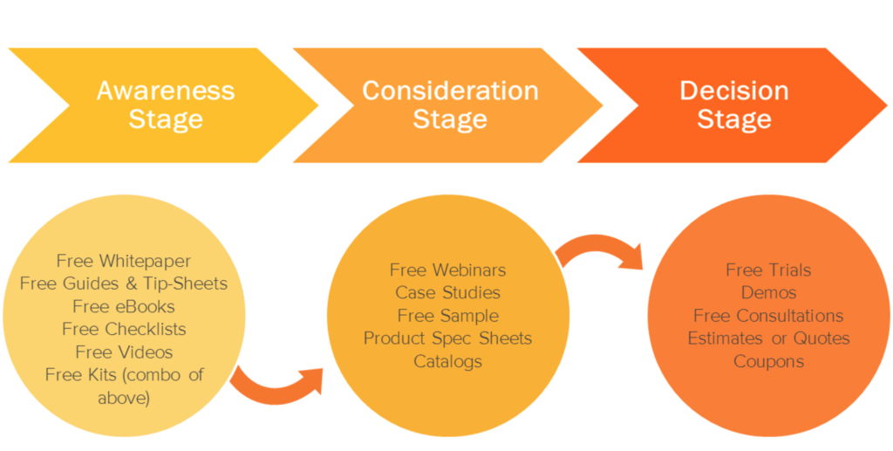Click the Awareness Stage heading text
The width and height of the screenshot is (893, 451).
tap(165, 105)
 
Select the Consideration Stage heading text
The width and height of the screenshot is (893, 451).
tap(450, 105)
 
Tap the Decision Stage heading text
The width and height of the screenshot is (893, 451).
tap(733, 105)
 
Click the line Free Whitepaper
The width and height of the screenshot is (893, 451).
tap(124, 261)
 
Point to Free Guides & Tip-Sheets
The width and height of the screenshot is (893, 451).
tap(124, 284)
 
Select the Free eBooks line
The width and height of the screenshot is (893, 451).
tap(124, 306)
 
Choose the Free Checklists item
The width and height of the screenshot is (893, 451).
tap(124, 329)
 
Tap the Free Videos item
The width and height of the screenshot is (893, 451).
tap(124, 352)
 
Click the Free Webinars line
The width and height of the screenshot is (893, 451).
tap(447, 270)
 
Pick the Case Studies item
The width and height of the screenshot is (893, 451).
tap(447, 292)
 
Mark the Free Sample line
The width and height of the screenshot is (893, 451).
tap(447, 315)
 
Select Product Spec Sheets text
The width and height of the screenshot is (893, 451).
tap(447, 338)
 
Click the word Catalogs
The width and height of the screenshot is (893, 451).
tap(447, 360)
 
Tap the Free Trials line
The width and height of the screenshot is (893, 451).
tap(768, 270)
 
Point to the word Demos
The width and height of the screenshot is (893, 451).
tap(768, 292)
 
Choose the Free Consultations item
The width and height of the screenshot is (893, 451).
tap(768, 315)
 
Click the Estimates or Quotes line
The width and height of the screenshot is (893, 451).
tap(768, 338)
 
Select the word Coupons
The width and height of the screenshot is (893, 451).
tap(768, 360)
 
